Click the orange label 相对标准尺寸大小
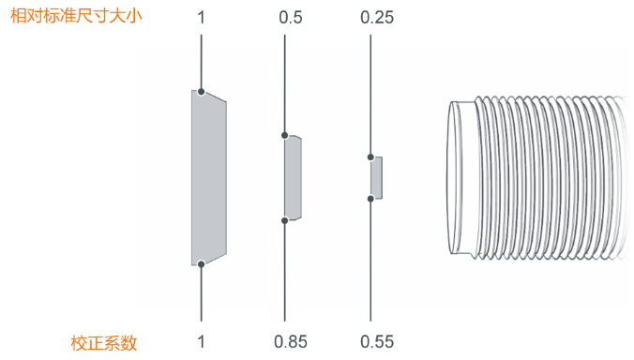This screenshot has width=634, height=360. [x=76, y=17]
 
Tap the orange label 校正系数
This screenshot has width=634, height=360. [x=104, y=343]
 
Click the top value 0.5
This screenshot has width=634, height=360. [x=291, y=18]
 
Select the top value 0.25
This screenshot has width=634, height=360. [x=377, y=18]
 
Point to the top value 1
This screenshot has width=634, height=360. [x=201, y=18]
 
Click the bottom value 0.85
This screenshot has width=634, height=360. [x=291, y=342]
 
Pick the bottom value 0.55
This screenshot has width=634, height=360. [x=377, y=342]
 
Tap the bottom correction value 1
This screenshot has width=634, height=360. [x=201, y=342]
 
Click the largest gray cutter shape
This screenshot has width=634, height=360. [x=208, y=178]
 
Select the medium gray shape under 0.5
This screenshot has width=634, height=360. [x=294, y=178]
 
